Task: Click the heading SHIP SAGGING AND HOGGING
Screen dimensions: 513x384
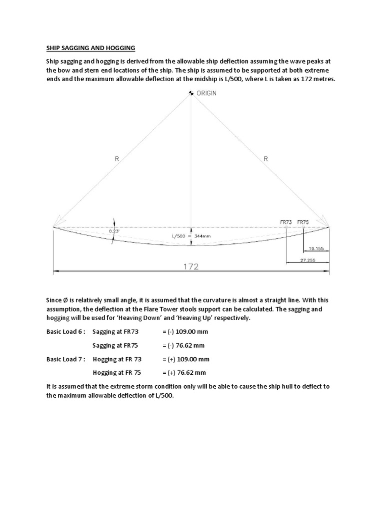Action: [90, 48]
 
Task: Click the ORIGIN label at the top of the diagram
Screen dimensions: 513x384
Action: [206, 93]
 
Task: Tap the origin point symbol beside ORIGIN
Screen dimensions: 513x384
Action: [190, 93]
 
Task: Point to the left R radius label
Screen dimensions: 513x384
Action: [117, 159]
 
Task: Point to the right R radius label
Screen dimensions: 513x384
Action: [265, 159]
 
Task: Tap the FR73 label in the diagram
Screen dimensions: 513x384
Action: [286, 221]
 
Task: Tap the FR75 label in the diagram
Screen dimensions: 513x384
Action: [303, 221]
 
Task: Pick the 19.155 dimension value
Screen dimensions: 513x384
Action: [316, 248]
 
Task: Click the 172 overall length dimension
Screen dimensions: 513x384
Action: [190, 267]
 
